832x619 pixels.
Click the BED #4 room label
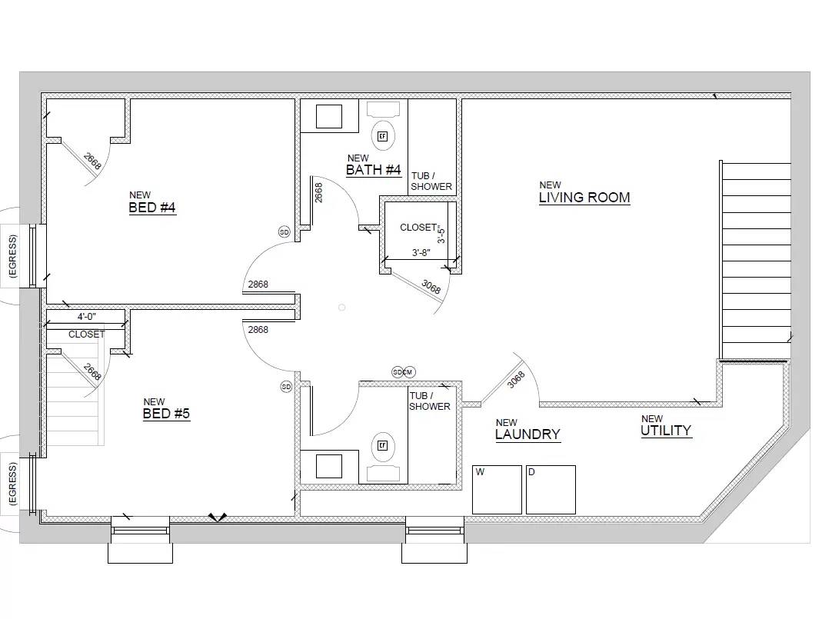click(152, 207)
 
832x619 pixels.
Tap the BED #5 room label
click(166, 414)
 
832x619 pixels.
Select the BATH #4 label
click(373, 169)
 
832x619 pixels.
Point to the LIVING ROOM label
click(584, 197)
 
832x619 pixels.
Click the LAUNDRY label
click(527, 434)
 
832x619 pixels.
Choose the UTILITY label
click(666, 430)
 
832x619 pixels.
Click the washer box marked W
click(497, 490)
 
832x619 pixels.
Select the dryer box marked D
click(551, 490)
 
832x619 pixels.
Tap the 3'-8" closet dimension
click(421, 252)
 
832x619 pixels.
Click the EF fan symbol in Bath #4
click(382, 136)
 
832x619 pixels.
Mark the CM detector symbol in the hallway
click(409, 372)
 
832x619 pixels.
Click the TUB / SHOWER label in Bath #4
click(431, 181)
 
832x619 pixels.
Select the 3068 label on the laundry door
click(516, 380)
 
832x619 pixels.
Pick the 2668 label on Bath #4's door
click(318, 191)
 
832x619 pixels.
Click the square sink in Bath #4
click(329, 115)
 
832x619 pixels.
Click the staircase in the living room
click(756, 259)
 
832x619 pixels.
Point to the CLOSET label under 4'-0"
click(86, 334)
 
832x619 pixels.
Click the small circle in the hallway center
click(341, 308)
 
